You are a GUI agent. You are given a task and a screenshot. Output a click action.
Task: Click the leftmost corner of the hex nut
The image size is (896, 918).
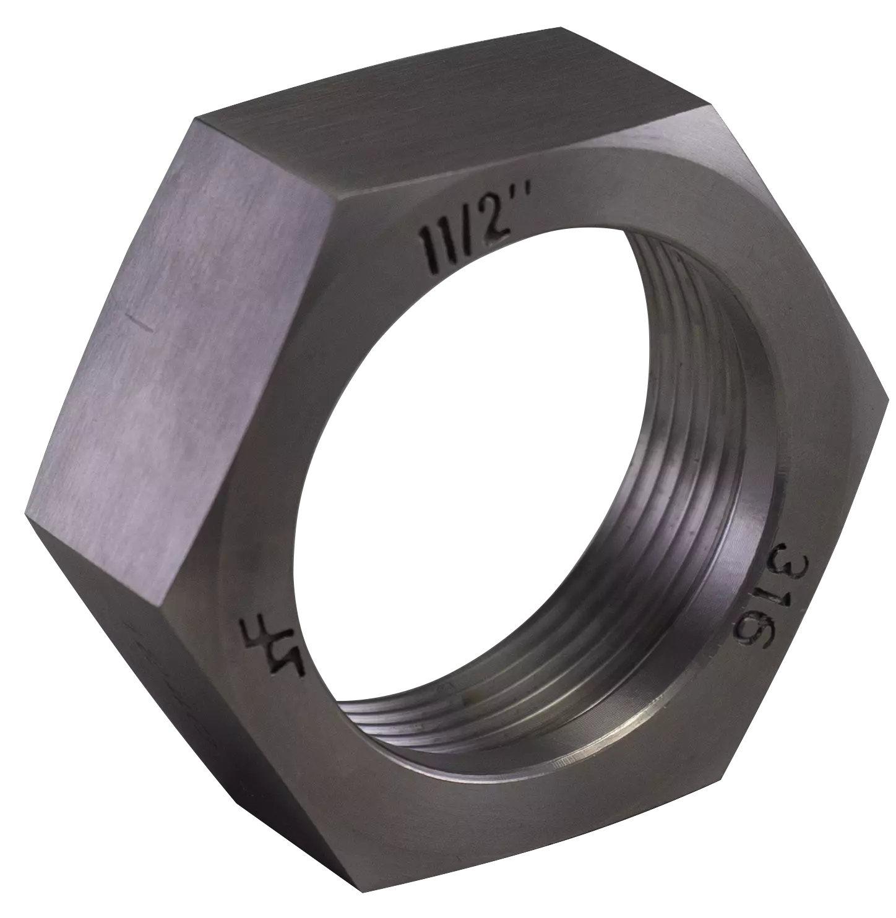tap(26, 511)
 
